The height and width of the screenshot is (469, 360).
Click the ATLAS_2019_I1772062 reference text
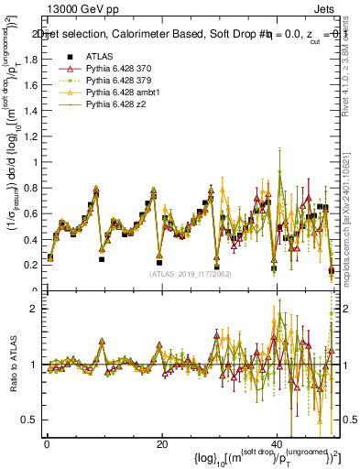[191, 273]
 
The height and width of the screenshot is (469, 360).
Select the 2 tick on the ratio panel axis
[34, 309]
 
